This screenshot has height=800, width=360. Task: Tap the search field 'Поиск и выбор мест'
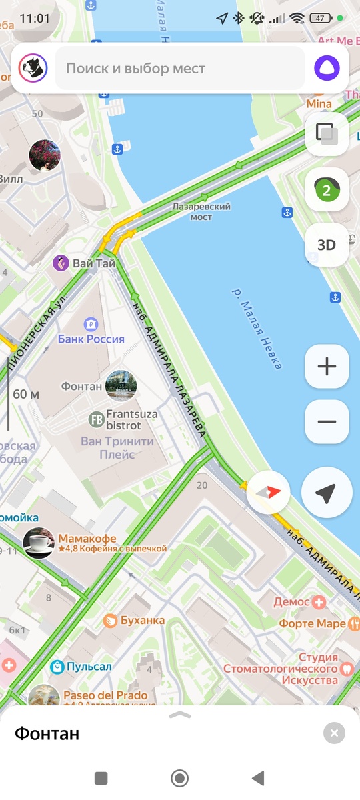coord(180,68)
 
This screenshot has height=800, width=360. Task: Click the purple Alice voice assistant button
coord(327,68)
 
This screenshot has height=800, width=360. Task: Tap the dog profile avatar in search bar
coord(31,68)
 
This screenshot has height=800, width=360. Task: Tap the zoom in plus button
coord(327,366)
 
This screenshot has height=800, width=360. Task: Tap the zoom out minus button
coord(327,421)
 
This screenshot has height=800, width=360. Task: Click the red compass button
coord(269,493)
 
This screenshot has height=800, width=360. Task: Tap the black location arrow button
coord(325,493)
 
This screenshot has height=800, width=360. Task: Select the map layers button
coord(327,133)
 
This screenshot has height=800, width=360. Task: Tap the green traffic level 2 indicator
coord(327,190)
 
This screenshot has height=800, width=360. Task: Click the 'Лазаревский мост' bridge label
coord(201,211)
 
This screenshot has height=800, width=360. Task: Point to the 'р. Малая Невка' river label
coord(257,328)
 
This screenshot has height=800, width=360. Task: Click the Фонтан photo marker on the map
coord(121,385)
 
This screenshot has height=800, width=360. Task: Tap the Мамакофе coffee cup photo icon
coord(39,543)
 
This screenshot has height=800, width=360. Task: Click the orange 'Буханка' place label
coord(142,621)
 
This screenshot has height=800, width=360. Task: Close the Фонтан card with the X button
coord(334,733)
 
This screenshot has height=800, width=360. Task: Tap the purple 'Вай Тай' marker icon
coord(61,263)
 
